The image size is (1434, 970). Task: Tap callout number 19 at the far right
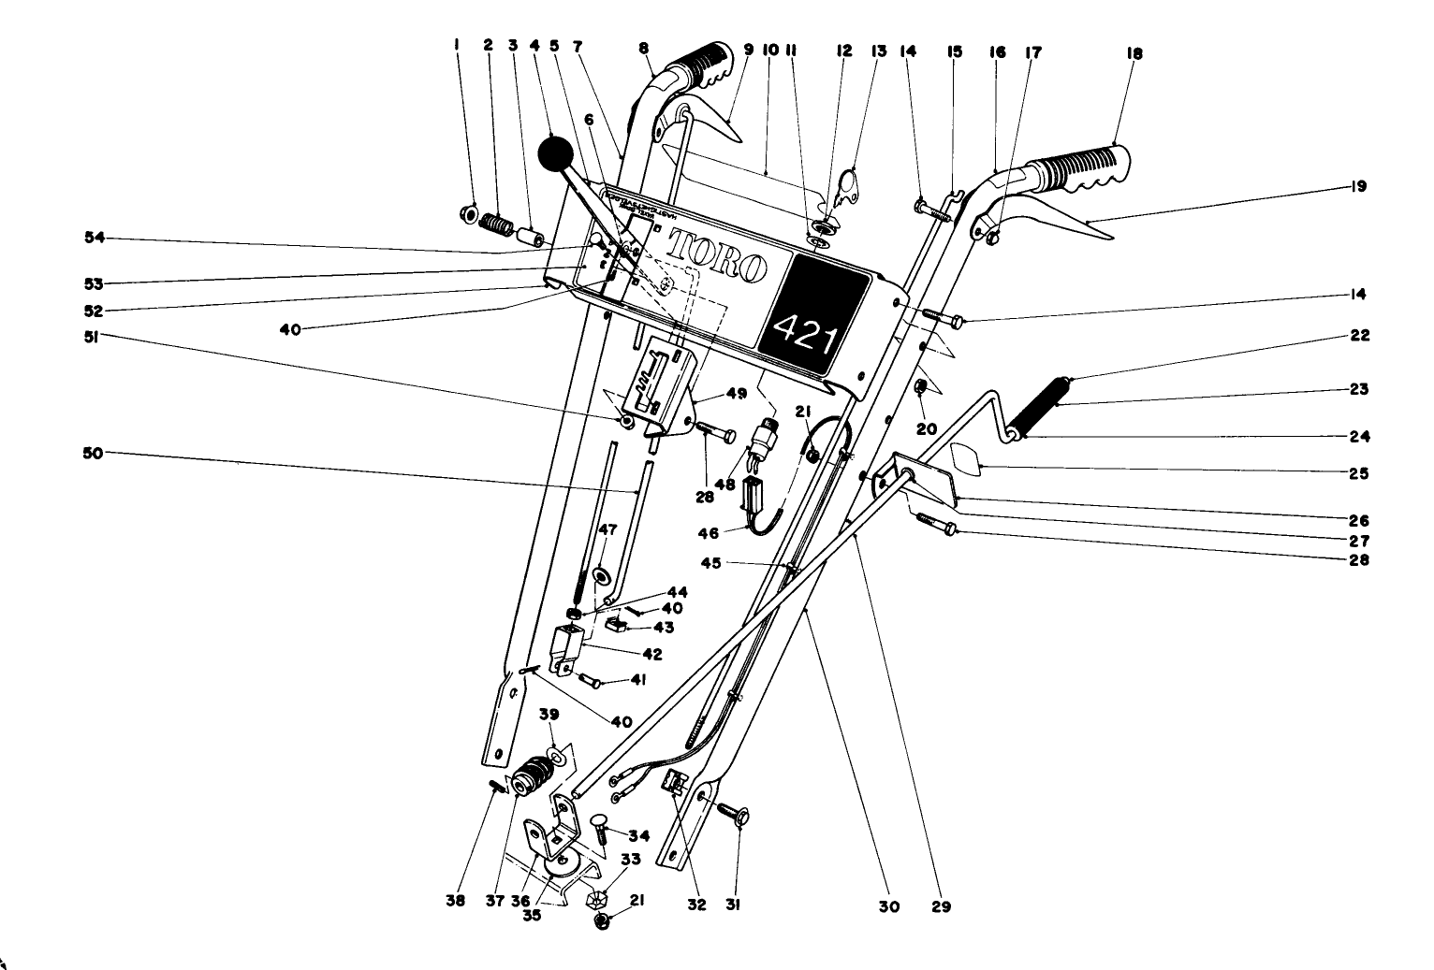[1358, 187]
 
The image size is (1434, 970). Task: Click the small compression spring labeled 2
[497, 225]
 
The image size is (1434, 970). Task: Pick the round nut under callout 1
[467, 214]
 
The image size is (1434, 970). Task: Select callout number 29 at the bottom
[941, 906]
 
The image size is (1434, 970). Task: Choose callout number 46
[710, 533]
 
